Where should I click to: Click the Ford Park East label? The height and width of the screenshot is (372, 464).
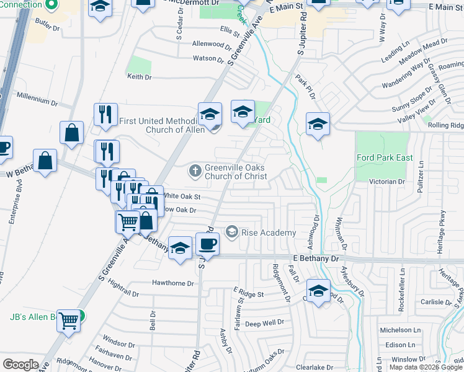point(385,157)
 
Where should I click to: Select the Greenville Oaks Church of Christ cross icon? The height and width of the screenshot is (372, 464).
point(195,170)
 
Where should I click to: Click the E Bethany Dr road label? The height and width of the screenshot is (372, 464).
point(317,257)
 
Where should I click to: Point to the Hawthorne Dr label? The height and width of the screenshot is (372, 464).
point(173,283)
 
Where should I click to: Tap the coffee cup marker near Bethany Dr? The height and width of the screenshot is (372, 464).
point(208,244)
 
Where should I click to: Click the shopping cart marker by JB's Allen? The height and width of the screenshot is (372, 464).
point(69,320)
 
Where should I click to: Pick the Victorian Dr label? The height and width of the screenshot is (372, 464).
point(387,182)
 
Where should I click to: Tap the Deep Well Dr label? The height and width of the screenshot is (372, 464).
point(264,323)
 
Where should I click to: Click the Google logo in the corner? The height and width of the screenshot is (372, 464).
point(20,364)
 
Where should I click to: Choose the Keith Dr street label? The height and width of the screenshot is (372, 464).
point(139,77)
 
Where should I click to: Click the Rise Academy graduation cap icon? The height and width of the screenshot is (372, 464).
point(232,232)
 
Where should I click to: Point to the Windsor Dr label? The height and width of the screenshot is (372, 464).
point(115,342)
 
